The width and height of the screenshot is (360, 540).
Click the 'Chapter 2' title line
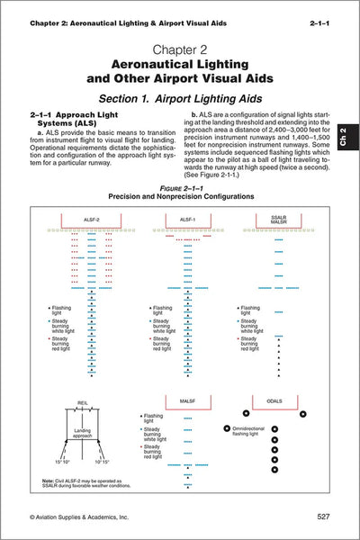180,46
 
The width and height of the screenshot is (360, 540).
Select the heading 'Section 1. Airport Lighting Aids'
180,95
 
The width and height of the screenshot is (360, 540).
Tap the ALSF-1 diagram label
186,220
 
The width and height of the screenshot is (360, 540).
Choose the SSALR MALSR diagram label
277,220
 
